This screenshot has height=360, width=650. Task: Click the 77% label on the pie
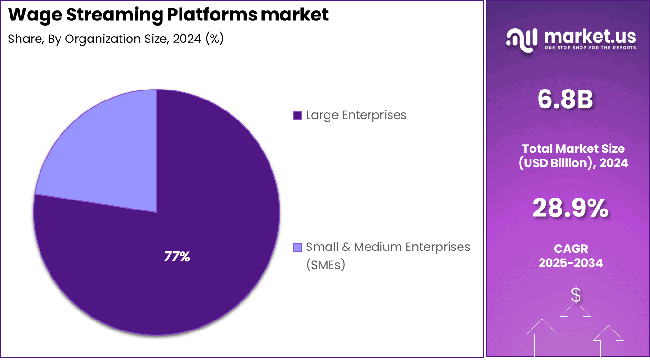[x=177, y=257]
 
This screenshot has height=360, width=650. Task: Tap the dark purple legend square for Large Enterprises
[x=298, y=115]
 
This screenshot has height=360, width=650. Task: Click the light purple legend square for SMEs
[x=298, y=247]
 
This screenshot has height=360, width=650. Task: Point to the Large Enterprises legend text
[x=356, y=115]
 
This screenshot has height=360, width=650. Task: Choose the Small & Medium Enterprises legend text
[x=388, y=247]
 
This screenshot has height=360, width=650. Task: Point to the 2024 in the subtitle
[x=187, y=39]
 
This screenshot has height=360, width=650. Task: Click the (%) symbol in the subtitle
[x=214, y=39]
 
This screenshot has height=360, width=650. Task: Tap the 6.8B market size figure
[x=565, y=100]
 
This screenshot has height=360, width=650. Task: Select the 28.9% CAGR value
[x=570, y=208]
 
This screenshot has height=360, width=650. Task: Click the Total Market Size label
[x=573, y=149]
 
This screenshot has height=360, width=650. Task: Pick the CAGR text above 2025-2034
[x=570, y=249]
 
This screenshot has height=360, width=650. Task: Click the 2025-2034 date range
[x=570, y=263]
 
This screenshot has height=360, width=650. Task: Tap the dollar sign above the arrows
[x=576, y=295]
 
